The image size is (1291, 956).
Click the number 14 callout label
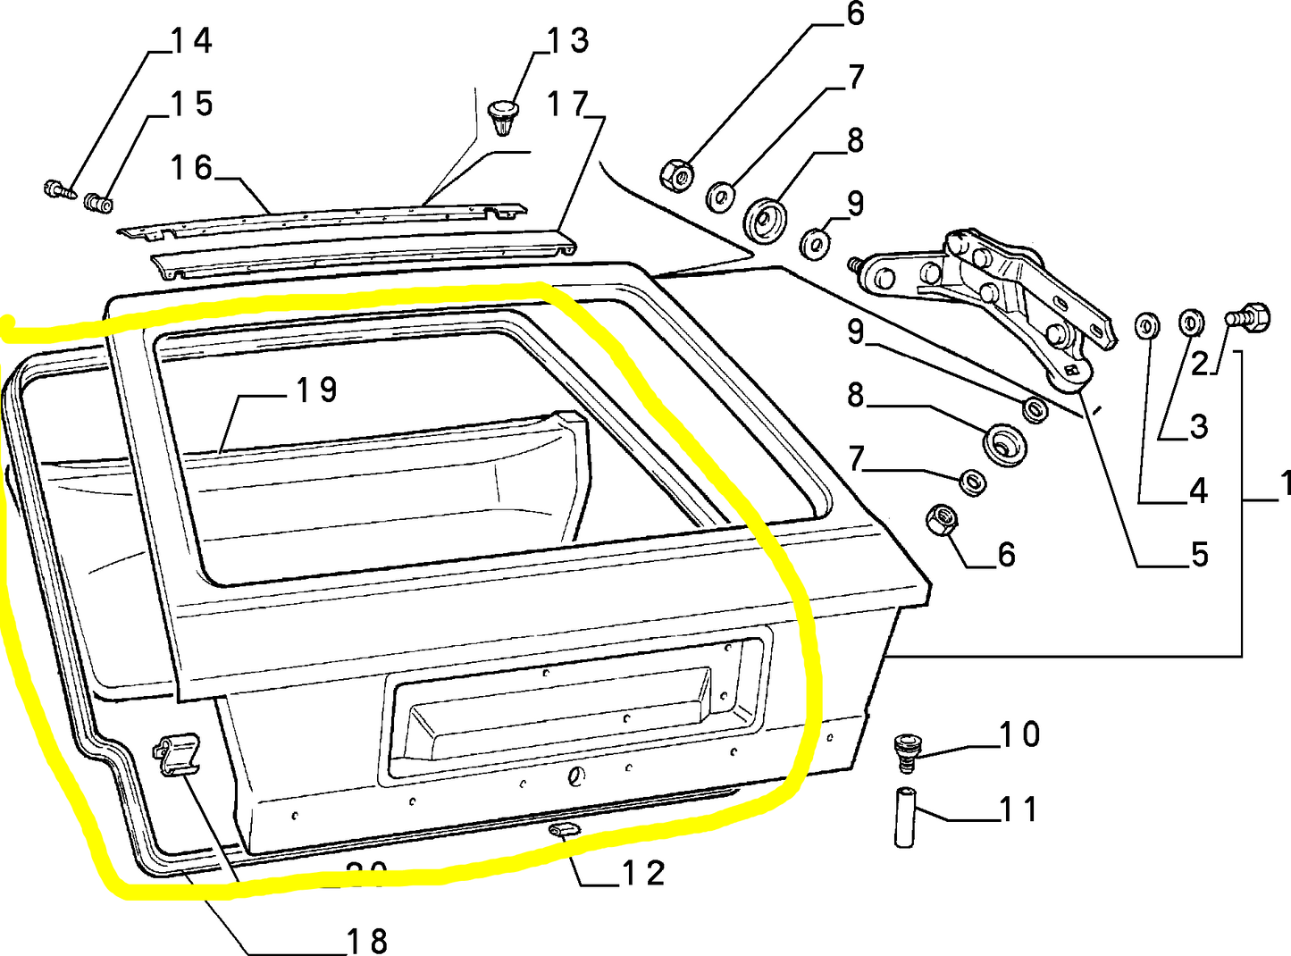191,40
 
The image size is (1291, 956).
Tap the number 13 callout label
568,40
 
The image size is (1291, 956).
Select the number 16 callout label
191,168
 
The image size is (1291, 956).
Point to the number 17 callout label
568,105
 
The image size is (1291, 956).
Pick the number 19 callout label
316,390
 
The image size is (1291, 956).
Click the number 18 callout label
366,940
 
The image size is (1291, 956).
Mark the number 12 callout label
643,873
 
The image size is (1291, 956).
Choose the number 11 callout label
1019,809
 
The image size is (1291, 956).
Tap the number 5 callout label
1199,555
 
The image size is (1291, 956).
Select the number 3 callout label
1199,427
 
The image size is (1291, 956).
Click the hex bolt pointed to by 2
1248,317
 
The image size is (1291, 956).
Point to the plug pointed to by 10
906,751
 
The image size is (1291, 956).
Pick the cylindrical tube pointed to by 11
905,817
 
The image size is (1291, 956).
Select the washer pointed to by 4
1147,326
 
